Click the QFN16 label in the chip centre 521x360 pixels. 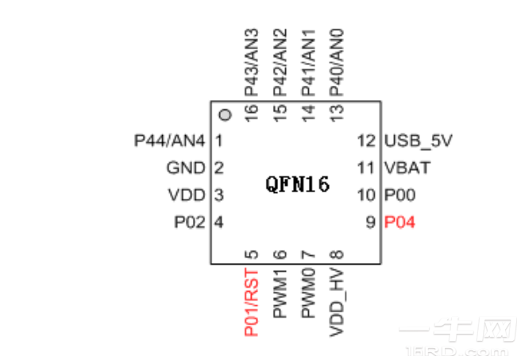(x=297, y=185)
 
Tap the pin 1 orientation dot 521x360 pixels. (x=226, y=116)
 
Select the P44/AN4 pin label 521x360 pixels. (x=170, y=141)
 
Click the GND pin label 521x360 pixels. (x=186, y=168)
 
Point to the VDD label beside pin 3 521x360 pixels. (x=187, y=195)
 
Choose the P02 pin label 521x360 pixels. (x=190, y=223)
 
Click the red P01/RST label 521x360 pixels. (x=252, y=303)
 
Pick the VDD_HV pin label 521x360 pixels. (x=337, y=301)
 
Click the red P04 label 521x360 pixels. (x=399, y=223)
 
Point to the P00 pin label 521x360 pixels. (x=399, y=195)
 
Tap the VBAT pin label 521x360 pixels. (x=407, y=168)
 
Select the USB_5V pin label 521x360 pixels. (x=418, y=141)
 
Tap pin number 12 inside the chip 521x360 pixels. (x=365, y=141)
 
